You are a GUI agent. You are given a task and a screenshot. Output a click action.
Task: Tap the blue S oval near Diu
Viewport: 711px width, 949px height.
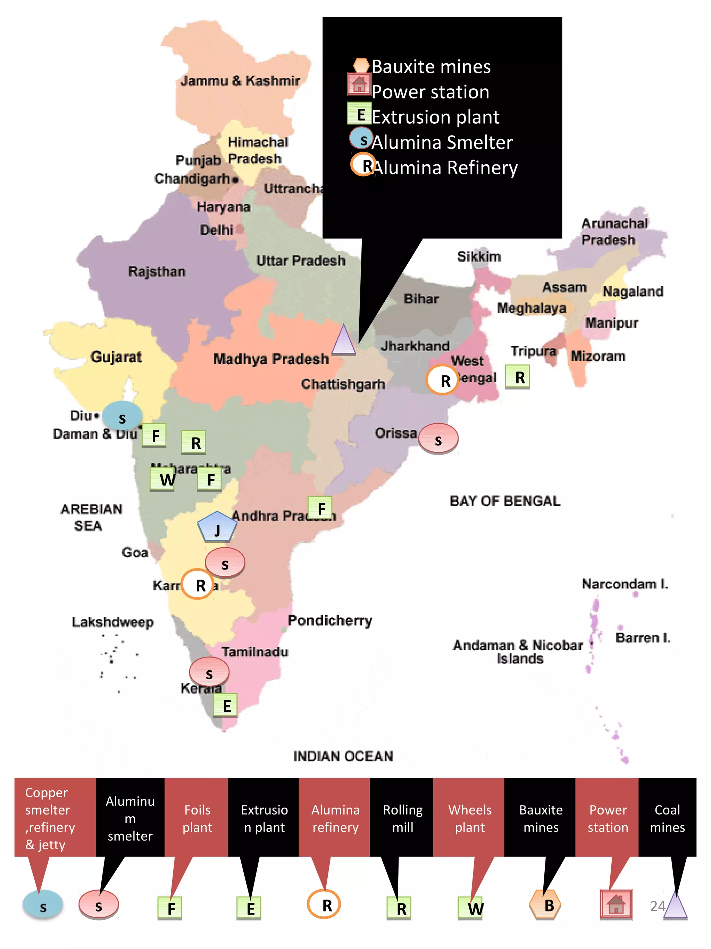tap(122, 416)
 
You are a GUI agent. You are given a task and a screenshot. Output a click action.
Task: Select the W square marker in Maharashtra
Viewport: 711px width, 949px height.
tap(162, 478)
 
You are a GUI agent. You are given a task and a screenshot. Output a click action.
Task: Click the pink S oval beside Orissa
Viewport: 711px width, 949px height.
tap(438, 438)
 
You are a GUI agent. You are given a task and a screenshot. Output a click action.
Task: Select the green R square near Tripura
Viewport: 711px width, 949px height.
tap(517, 377)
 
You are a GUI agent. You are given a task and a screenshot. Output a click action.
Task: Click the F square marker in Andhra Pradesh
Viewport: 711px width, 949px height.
tap(320, 508)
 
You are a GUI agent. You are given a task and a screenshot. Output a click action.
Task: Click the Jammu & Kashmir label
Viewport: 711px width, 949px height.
tap(240, 81)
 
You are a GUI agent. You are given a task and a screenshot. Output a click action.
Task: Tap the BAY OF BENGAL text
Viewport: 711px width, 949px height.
tap(505, 501)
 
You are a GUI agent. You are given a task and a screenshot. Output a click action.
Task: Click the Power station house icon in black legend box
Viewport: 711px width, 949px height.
tap(359, 84)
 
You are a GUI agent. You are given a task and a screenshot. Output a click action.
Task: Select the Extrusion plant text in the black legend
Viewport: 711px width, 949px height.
tap(435, 117)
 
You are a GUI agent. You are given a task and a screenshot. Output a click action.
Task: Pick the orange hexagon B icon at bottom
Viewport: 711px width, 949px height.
tap(545, 905)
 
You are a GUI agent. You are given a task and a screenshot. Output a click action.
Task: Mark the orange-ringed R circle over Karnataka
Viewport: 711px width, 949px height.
tap(198, 584)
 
